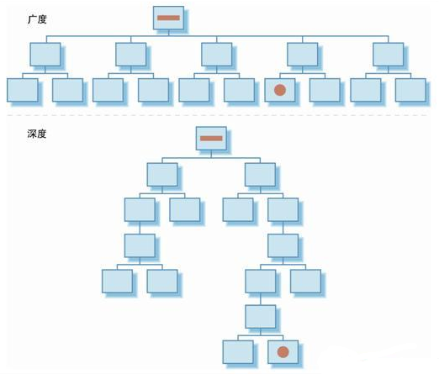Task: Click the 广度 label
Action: [x=37, y=19]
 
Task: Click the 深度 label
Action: [x=37, y=134]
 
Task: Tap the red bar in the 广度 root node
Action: [x=168, y=18]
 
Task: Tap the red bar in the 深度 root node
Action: [x=211, y=139]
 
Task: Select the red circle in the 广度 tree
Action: [x=280, y=90]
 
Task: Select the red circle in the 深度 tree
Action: [x=283, y=352]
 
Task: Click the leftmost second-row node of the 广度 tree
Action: [x=45, y=55]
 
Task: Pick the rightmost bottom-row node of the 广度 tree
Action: [x=410, y=90]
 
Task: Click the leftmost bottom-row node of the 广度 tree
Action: [x=23, y=90]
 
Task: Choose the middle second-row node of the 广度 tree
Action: [x=216, y=55]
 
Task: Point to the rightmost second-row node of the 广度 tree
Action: [x=389, y=55]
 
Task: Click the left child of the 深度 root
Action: [x=162, y=175]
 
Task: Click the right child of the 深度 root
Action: [x=260, y=175]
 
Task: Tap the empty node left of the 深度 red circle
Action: [x=238, y=352]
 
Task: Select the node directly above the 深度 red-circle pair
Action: [x=261, y=317]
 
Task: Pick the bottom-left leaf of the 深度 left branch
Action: [x=117, y=282]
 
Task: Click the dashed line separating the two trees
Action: [x=217, y=115]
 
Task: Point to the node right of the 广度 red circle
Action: [x=325, y=90]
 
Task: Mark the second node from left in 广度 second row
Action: [x=130, y=55]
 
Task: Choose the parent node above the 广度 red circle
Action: [x=302, y=55]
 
